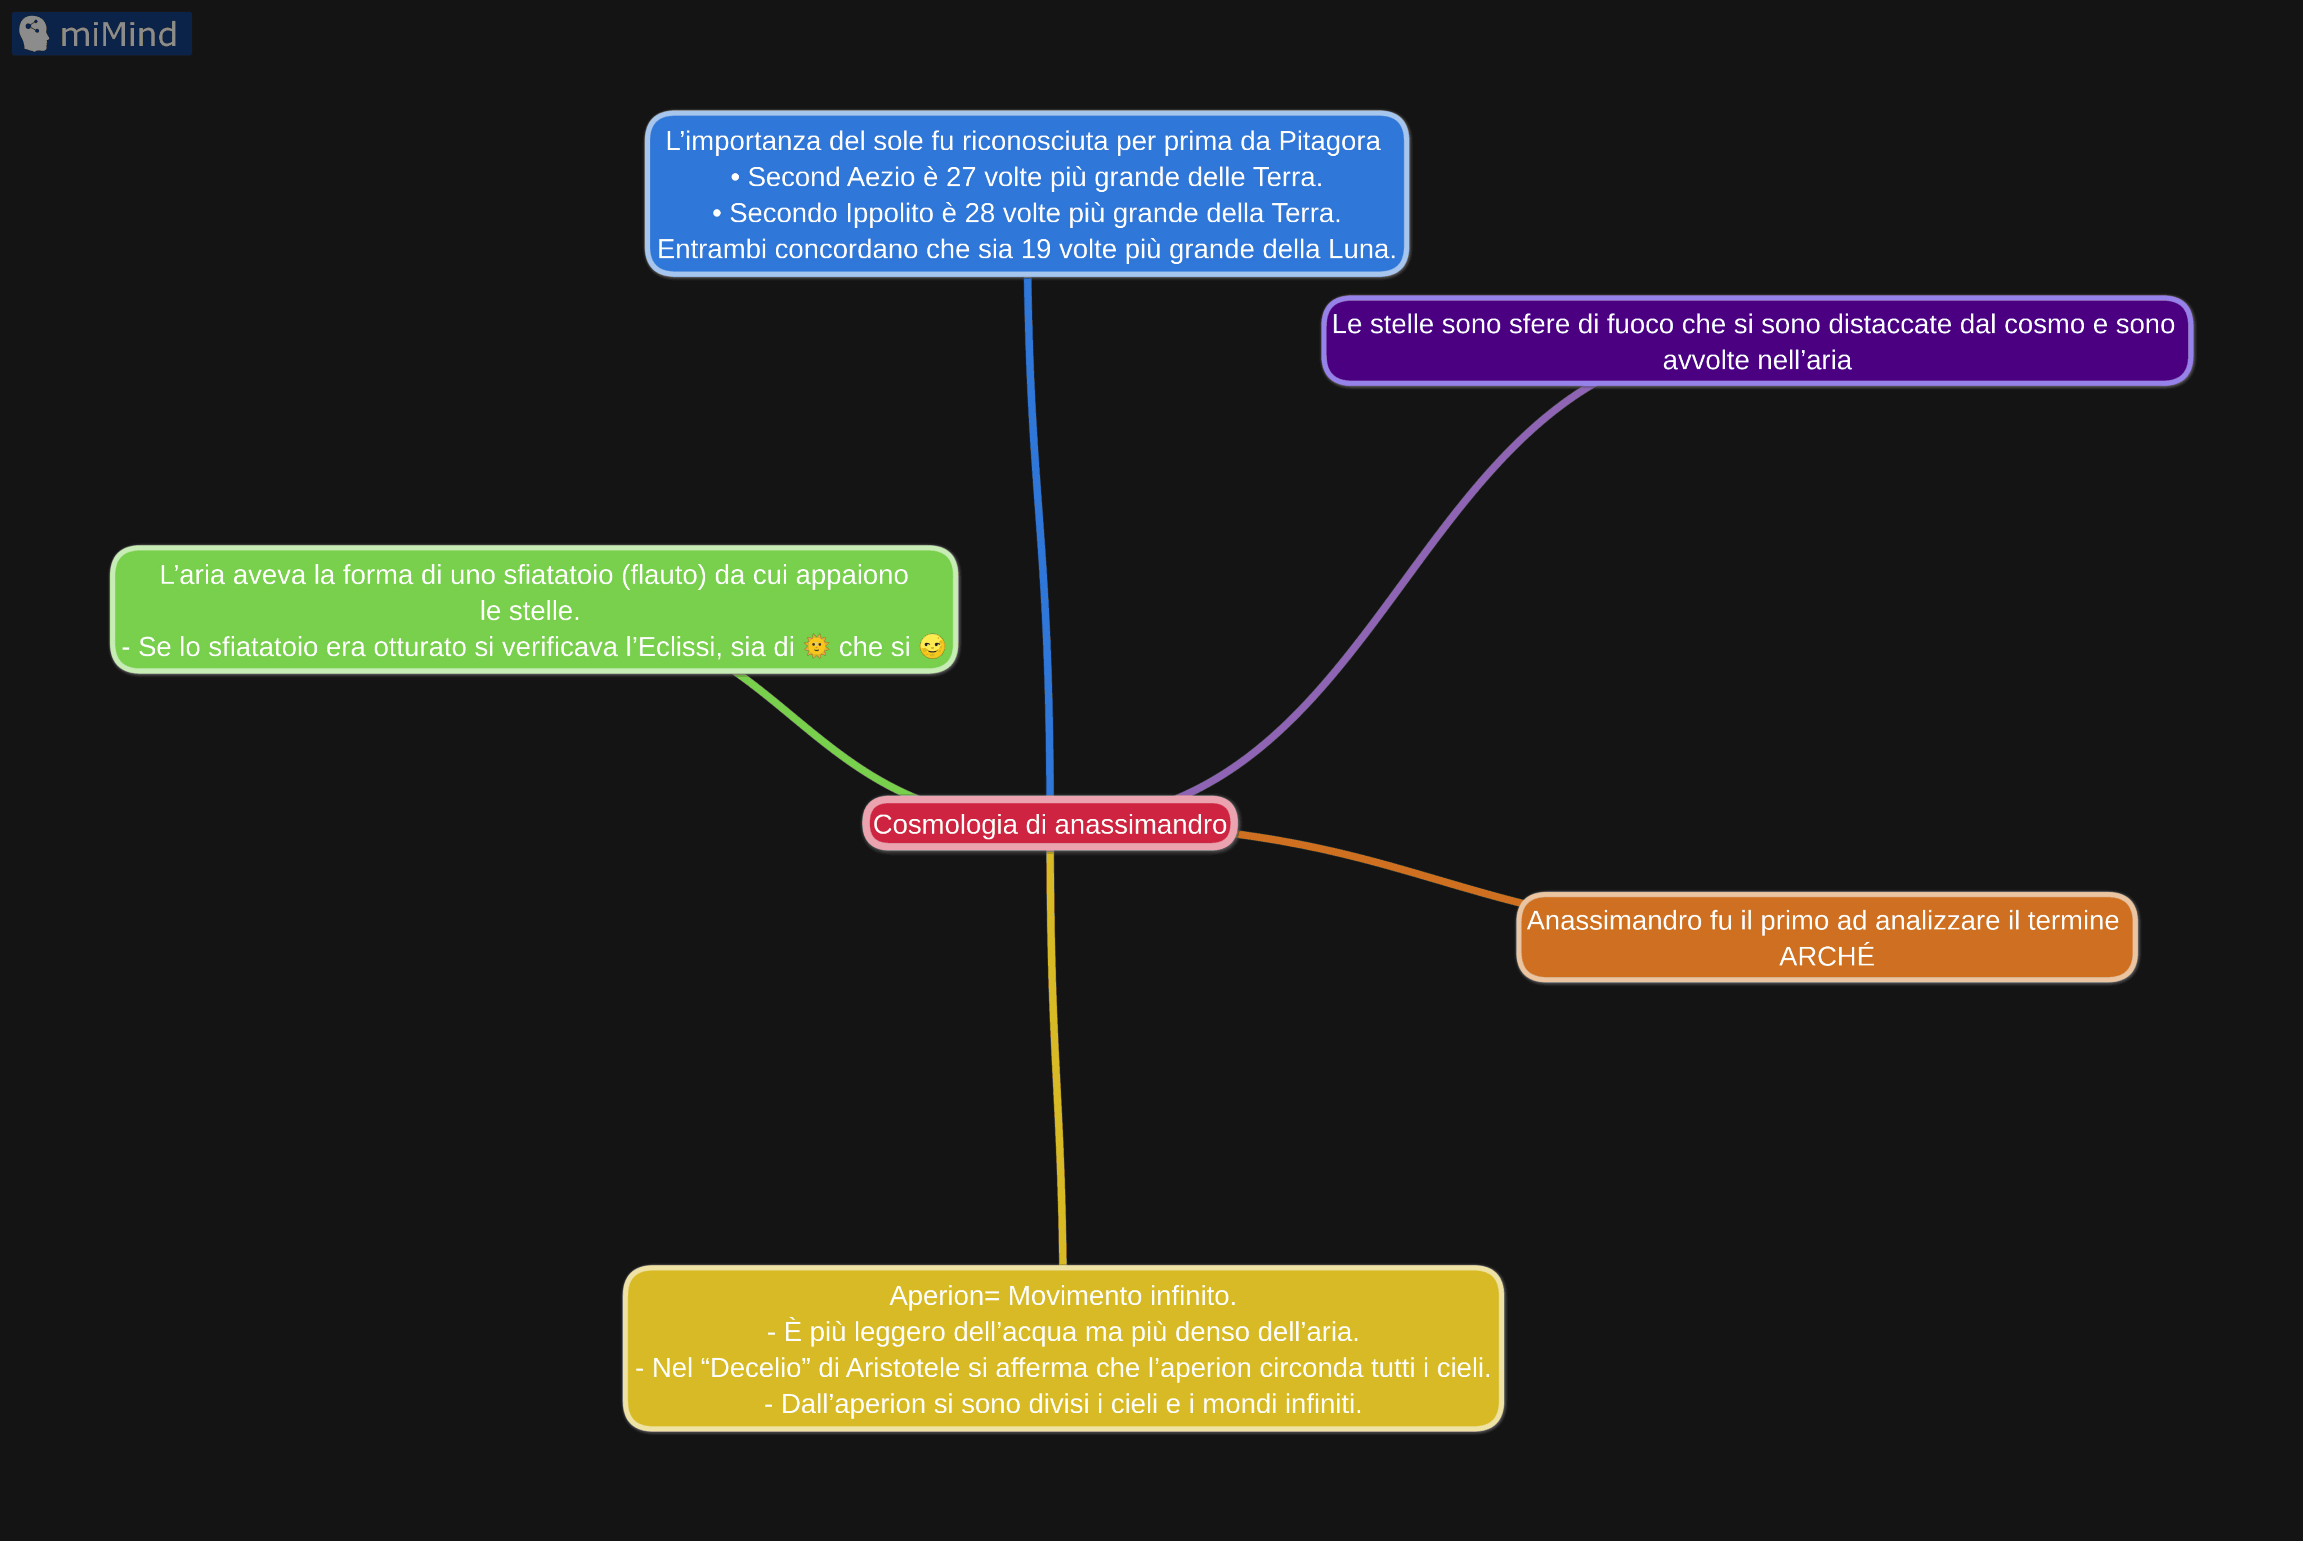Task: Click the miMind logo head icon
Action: [33, 33]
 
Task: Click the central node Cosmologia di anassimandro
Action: [1049, 824]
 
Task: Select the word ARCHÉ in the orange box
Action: [1826, 956]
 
